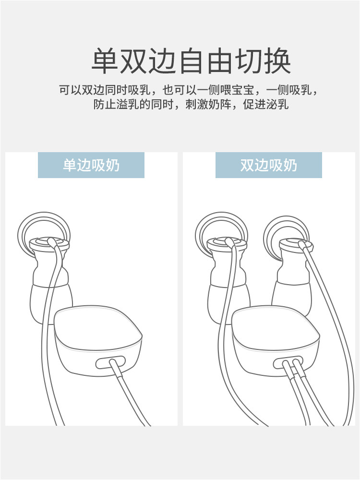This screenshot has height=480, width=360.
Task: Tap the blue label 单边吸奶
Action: [x=91, y=165]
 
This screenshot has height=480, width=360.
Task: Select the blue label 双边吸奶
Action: [x=269, y=165]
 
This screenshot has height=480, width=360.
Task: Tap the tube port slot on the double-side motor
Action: [x=288, y=363]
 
